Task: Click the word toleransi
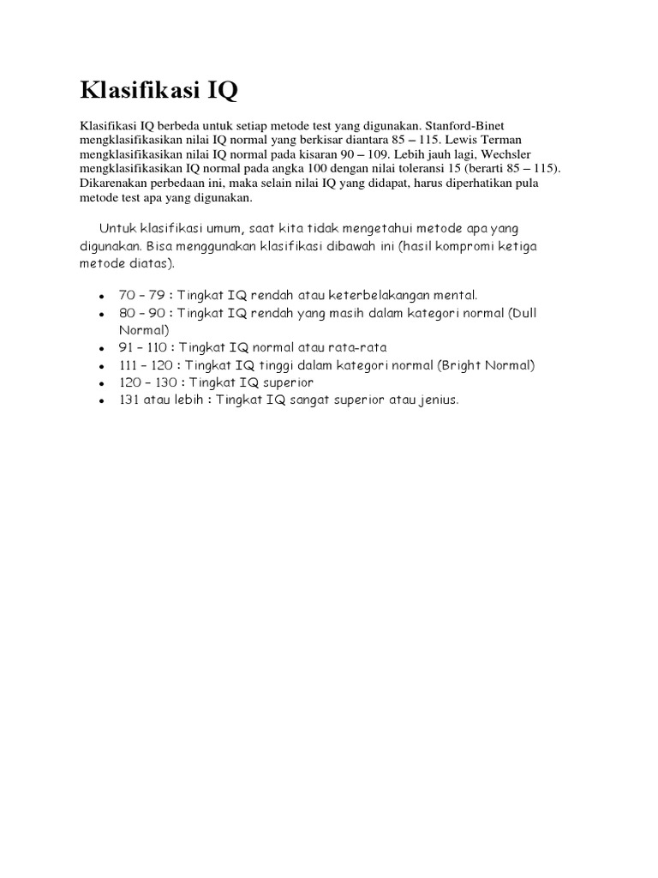409,169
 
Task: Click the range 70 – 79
142,294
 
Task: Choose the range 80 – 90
142,312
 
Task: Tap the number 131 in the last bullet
129,400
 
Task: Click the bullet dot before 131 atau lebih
102,401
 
